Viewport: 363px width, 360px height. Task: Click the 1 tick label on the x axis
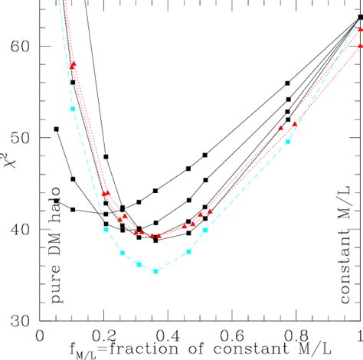coord(358,336)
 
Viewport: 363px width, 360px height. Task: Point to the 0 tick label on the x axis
coord(41,336)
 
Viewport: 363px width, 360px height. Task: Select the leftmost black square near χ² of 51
coord(57,129)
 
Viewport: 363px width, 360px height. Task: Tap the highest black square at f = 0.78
coord(288,83)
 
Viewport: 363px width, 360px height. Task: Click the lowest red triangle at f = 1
coord(361,45)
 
